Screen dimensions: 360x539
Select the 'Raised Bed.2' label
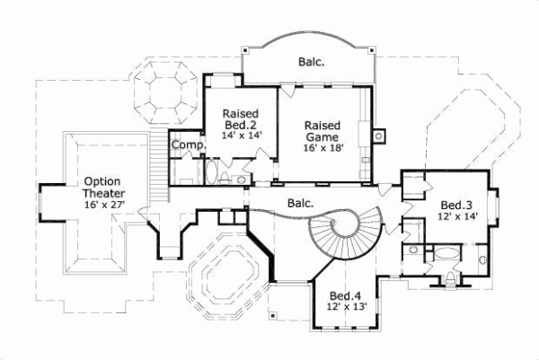pos(240,119)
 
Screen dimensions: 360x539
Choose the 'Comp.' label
pos(188,145)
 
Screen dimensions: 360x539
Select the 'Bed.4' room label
pos(344,295)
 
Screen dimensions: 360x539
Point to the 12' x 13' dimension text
pos(344,308)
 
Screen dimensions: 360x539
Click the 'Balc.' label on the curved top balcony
pos(311,62)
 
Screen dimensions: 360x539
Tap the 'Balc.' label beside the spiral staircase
pos(300,203)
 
